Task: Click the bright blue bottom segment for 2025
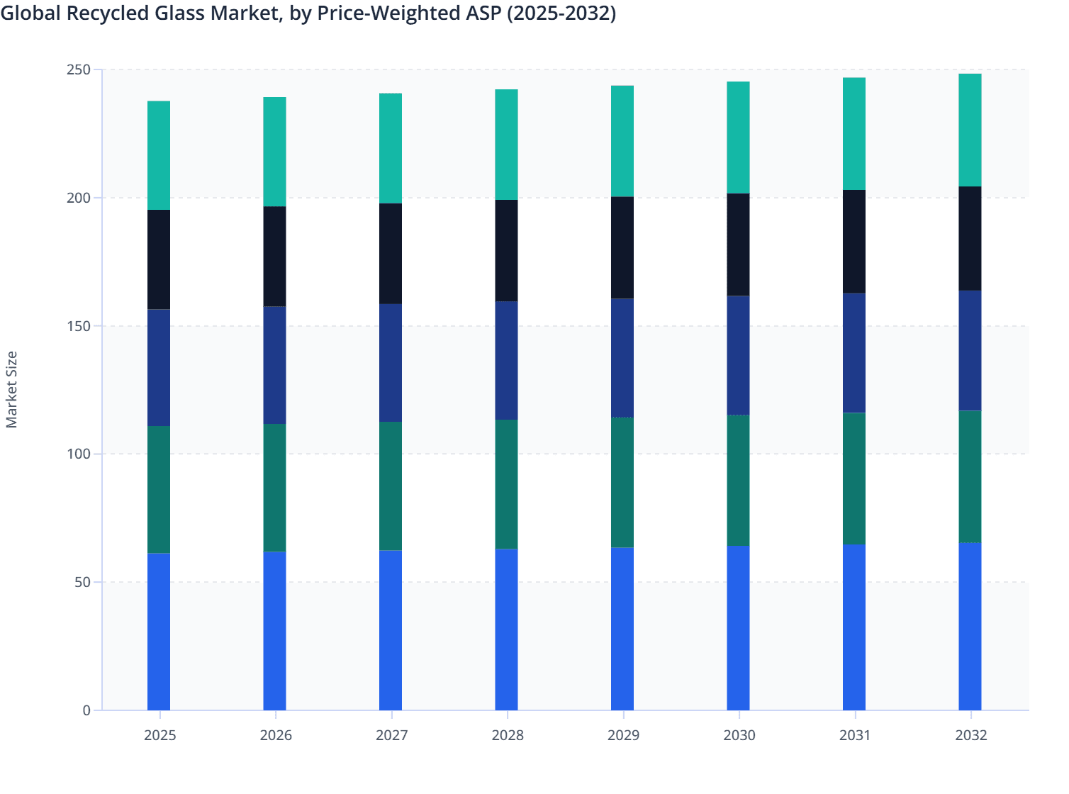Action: (x=159, y=631)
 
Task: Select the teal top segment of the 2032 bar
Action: (x=970, y=130)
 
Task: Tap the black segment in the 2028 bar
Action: (x=506, y=250)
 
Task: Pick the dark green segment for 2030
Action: (x=738, y=480)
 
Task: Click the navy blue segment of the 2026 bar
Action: (x=274, y=365)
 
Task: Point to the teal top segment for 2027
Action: (x=391, y=148)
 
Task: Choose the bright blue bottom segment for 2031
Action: (x=853, y=627)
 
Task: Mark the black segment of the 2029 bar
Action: (x=622, y=247)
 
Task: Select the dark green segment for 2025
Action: (x=159, y=489)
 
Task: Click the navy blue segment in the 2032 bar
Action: (x=970, y=350)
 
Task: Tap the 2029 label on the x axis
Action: (x=623, y=735)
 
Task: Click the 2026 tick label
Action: (x=276, y=735)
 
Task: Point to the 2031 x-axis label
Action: (x=855, y=735)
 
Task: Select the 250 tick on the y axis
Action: (x=79, y=69)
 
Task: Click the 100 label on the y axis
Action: (x=79, y=454)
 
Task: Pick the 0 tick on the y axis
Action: (x=86, y=710)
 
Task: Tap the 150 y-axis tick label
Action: (x=79, y=326)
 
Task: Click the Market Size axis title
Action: (x=12, y=389)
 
